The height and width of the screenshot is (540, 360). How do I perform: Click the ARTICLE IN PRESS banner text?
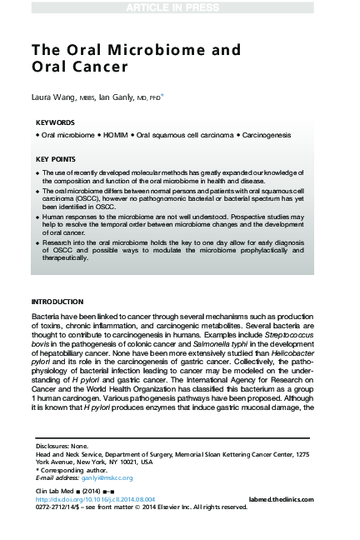[x=180, y=7]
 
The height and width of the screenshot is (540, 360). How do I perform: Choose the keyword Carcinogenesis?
[x=267, y=133]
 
